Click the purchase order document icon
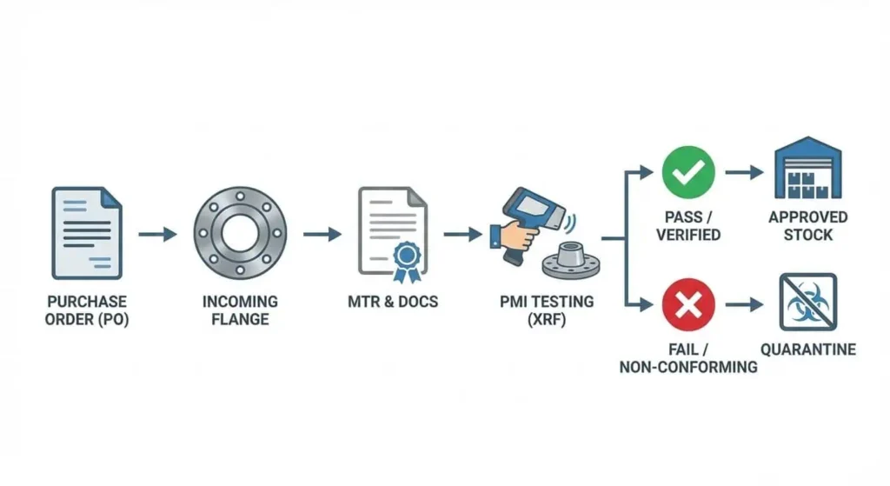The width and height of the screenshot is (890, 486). pyautogui.click(x=87, y=231)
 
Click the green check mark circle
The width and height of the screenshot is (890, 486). pyautogui.click(x=688, y=171)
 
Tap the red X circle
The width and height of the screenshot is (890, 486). pyautogui.click(x=688, y=304)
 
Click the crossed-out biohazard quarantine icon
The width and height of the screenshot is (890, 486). pyautogui.click(x=807, y=302)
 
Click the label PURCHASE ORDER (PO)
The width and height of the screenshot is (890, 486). pyautogui.click(x=87, y=310)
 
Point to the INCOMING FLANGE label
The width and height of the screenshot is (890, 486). pyautogui.click(x=240, y=310)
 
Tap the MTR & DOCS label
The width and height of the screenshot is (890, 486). pyautogui.click(x=392, y=303)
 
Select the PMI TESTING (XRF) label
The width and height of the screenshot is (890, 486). pyautogui.click(x=547, y=310)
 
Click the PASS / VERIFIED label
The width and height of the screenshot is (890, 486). pyautogui.click(x=688, y=225)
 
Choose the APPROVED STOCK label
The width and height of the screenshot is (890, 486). pyautogui.click(x=807, y=225)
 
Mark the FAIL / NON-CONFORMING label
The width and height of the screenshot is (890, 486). pyautogui.click(x=688, y=358)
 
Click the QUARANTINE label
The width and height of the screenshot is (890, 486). pyautogui.click(x=807, y=350)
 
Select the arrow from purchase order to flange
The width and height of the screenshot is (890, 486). pyautogui.click(x=157, y=234)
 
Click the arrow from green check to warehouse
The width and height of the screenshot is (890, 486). pyautogui.click(x=744, y=172)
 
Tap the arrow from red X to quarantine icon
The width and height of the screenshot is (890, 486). pyautogui.click(x=744, y=304)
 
